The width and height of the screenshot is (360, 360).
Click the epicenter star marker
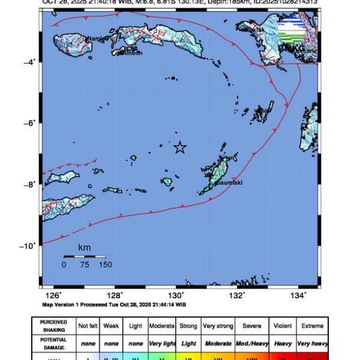click(x=180, y=148)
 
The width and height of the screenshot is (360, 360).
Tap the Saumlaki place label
click(x=229, y=182)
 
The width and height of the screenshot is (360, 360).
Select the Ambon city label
click(x=133, y=53)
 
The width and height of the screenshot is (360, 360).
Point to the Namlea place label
click(x=96, y=39)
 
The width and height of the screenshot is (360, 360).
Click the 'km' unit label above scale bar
click(x=85, y=247)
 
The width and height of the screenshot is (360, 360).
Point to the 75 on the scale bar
click(x=85, y=264)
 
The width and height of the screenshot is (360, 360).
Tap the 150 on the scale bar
click(x=105, y=264)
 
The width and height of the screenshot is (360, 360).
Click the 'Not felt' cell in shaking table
click(x=88, y=326)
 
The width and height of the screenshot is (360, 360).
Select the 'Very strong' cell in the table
click(x=218, y=326)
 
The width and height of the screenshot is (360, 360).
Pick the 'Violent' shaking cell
click(x=281, y=326)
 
